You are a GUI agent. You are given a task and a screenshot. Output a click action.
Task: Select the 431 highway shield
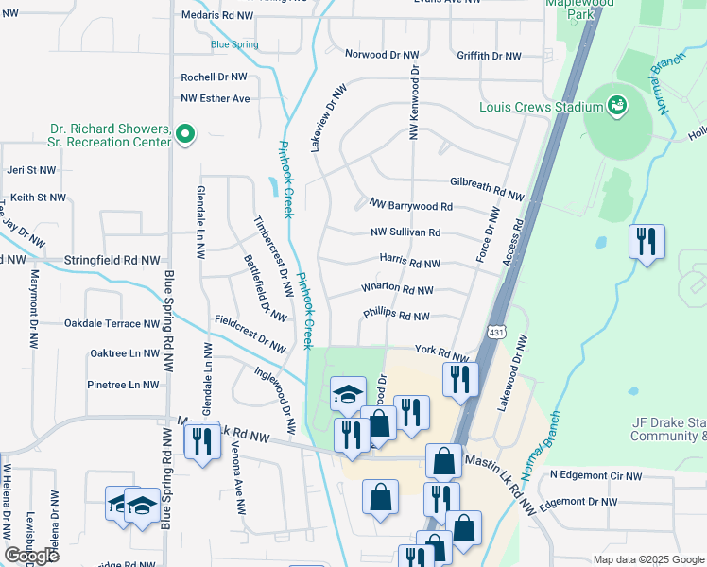[x=496, y=332]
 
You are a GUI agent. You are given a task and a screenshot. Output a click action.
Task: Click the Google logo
[x=31, y=556]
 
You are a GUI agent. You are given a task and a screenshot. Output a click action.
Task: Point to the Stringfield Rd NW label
[x=112, y=259]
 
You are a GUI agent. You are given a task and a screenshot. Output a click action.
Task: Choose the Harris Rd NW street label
[x=409, y=264]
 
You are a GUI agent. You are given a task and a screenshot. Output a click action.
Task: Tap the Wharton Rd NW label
[x=397, y=290]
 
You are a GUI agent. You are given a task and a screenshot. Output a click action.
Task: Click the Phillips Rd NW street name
[x=396, y=317]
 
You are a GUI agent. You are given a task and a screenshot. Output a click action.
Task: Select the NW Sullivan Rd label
[x=405, y=232]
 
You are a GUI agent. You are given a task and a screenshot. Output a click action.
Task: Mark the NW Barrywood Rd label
[x=410, y=205]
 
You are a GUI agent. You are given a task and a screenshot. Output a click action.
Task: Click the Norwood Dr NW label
[x=381, y=55]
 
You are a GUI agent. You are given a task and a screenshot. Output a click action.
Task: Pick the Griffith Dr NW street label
[x=489, y=56]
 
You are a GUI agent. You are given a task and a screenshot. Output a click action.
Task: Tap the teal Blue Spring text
[x=233, y=43]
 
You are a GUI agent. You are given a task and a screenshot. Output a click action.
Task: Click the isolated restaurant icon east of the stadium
[x=647, y=241]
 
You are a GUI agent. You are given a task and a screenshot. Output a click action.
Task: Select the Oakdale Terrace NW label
[x=112, y=323]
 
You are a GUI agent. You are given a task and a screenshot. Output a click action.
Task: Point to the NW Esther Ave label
[x=216, y=98]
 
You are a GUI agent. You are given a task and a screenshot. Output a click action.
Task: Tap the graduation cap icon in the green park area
[x=348, y=393]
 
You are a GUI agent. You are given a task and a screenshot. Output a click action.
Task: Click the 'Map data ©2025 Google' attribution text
[x=647, y=559]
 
